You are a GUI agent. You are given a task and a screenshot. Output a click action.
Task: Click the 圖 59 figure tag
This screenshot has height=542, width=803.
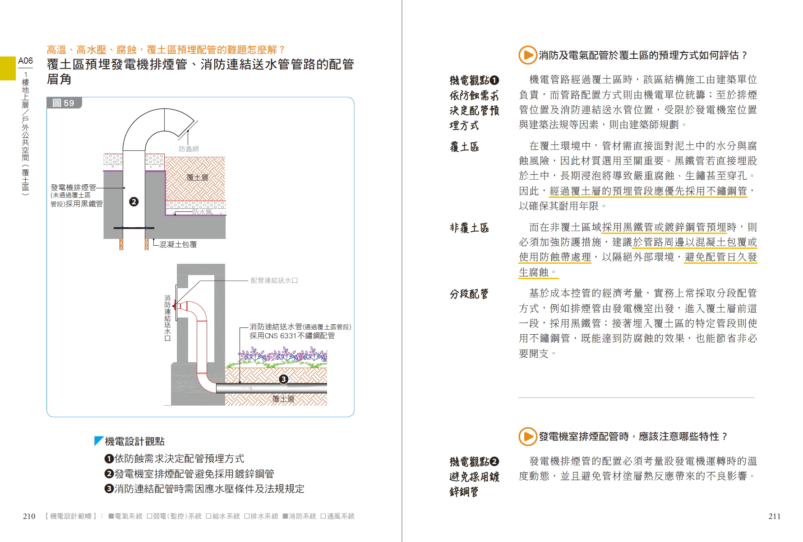tap(64, 103)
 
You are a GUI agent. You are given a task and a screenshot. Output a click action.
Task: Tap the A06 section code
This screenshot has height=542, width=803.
tap(25, 61)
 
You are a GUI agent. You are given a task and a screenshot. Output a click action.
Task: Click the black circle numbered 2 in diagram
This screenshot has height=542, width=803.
tap(134, 202)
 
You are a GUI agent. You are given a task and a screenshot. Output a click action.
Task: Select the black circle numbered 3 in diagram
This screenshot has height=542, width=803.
tap(283, 379)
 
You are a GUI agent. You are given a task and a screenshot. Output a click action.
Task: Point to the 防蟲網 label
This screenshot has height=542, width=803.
tap(189, 149)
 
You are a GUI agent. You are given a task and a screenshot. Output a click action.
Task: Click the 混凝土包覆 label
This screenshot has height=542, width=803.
tap(178, 244)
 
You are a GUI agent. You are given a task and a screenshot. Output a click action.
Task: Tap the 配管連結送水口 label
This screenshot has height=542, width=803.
tap(274, 280)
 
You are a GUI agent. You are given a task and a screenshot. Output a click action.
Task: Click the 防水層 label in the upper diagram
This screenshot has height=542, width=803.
tap(202, 212)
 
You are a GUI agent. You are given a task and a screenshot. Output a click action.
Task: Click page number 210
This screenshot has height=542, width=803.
tap(29, 516)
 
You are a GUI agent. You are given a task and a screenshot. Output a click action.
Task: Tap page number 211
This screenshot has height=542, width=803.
tap(774, 516)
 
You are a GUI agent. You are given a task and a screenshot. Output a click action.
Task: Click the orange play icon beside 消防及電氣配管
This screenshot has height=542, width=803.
tap(527, 55)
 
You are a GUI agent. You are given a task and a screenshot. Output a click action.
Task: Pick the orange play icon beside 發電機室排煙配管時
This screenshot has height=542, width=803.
tap(527, 436)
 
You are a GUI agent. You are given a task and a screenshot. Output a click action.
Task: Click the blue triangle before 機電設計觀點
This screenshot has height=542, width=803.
tap(98, 441)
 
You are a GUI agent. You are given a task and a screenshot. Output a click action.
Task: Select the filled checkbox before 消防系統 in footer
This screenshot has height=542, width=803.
tap(285, 516)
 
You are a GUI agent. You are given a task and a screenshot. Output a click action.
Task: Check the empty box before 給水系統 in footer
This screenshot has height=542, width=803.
tap(208, 516)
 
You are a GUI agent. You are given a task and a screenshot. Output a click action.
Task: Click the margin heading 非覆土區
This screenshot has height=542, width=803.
tap(469, 228)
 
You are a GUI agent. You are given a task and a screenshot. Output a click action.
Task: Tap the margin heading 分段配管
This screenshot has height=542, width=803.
tap(469, 294)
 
